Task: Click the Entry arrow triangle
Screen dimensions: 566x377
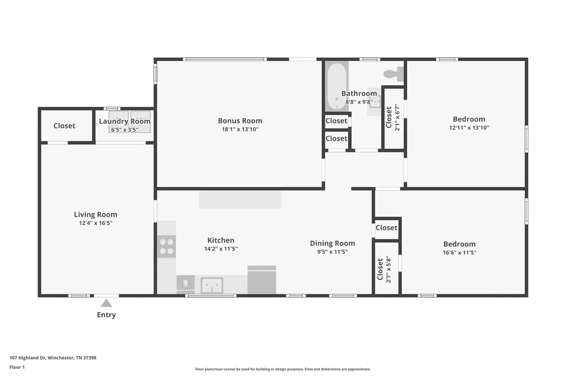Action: [106, 303]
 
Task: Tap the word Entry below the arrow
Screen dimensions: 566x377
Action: [107, 315]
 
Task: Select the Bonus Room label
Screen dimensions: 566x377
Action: [240, 121]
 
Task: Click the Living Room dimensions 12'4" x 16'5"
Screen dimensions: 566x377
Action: [96, 223]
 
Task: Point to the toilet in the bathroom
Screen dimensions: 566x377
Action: [394, 74]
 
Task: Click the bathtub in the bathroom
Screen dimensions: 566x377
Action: [337, 87]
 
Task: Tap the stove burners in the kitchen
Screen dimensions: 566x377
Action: [166, 247]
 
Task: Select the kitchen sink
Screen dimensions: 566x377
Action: [212, 286]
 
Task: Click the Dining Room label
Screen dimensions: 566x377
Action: [332, 243]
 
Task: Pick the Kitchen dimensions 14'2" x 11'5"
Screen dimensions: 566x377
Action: [221, 249]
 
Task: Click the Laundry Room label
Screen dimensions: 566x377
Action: [125, 121]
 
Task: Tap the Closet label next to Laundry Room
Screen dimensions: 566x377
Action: [64, 125]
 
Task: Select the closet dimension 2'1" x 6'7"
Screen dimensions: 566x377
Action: [397, 117]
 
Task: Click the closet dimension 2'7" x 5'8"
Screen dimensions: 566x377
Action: [389, 269]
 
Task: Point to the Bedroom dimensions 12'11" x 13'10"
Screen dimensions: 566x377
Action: [469, 128]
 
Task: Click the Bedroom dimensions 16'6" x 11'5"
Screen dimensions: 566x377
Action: [459, 253]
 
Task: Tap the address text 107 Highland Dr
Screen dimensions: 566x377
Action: [28, 358]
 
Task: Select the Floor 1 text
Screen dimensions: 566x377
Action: [17, 367]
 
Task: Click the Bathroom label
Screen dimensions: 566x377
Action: [359, 93]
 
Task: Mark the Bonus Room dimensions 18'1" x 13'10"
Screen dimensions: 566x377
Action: [240, 130]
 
